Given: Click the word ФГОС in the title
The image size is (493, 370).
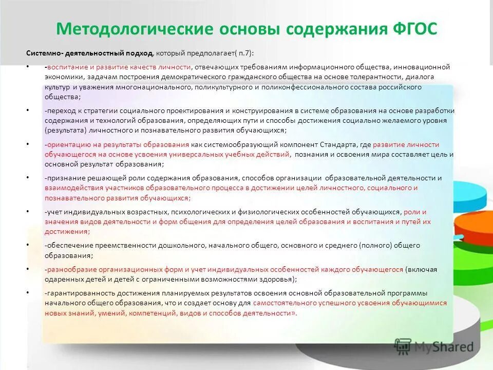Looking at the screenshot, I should tap(413, 29).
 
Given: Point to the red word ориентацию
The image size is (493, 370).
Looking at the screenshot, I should tap(66, 145).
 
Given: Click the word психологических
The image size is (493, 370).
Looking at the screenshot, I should tap(203, 212).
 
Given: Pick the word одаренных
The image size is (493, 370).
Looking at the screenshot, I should tap(61, 279).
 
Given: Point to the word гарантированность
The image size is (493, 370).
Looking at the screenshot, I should tap(76, 293).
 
